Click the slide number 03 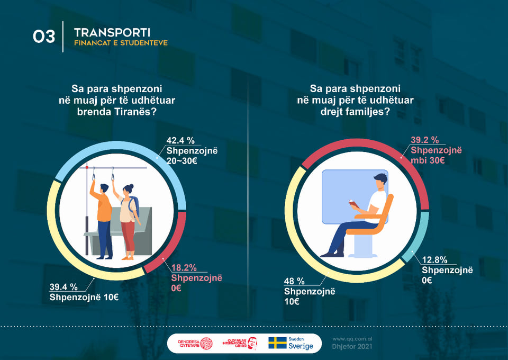pyautogui.click(x=44, y=37)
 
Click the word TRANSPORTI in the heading pyautogui.click(x=112, y=32)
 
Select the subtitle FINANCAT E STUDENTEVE pyautogui.click(x=121, y=43)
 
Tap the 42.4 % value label pyautogui.click(x=180, y=140)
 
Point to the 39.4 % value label pyautogui.click(x=63, y=287)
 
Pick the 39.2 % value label pyautogui.click(x=425, y=140)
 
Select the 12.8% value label pyautogui.click(x=436, y=260)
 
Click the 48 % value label pyautogui.click(x=294, y=281)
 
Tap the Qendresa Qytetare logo pyautogui.click(x=190, y=344)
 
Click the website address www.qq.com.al pyautogui.click(x=352, y=338)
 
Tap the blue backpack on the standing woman pyautogui.click(x=134, y=204)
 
